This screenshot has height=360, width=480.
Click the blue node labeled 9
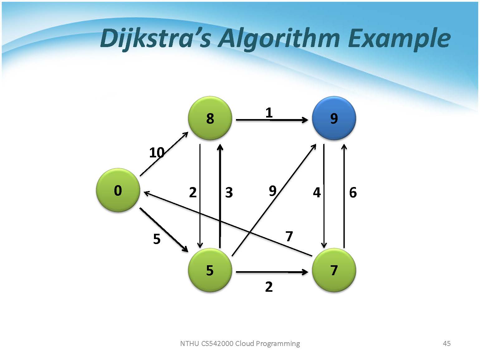pyautogui.click(x=334, y=118)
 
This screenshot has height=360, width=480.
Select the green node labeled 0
pyautogui.click(x=118, y=190)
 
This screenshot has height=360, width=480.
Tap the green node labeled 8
pyautogui.click(x=210, y=118)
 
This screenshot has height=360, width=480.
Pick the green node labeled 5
pyautogui.click(x=210, y=270)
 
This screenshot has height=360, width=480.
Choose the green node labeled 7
pyautogui.click(x=334, y=270)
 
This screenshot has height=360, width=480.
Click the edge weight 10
pyautogui.click(x=157, y=152)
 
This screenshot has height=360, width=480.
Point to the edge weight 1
pyautogui.click(x=269, y=113)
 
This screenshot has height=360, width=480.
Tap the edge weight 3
pyautogui.click(x=229, y=193)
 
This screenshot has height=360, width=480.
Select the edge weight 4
pyautogui.click(x=317, y=193)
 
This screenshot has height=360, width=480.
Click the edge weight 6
pyautogui.click(x=353, y=193)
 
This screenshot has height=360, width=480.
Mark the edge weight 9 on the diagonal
pyautogui.click(x=273, y=191)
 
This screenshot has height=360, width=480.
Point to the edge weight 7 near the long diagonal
pyautogui.click(x=289, y=236)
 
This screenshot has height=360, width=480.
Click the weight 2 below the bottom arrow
pyautogui.click(x=269, y=286)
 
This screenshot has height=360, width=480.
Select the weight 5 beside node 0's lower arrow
pyautogui.click(x=157, y=239)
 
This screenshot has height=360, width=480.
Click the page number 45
pyautogui.click(x=447, y=343)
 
